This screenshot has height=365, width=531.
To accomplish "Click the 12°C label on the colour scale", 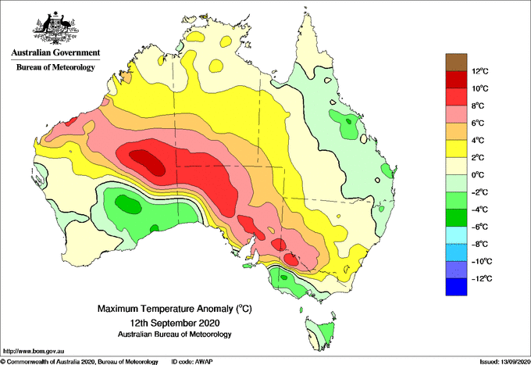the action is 480,71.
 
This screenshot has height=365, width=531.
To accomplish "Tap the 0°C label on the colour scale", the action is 478,175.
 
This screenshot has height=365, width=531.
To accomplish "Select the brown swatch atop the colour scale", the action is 456,63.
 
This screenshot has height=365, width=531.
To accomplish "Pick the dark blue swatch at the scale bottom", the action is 456,287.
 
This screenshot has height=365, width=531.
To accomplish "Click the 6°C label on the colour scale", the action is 478,123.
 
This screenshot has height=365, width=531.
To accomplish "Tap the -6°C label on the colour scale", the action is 479,227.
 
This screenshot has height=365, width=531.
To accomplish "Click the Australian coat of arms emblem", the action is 55,28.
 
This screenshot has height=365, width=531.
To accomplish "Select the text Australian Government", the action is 55,52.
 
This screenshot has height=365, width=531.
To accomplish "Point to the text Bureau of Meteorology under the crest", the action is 55,67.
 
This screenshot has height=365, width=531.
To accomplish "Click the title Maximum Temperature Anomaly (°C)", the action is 175,309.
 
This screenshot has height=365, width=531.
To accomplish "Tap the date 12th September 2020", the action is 175,322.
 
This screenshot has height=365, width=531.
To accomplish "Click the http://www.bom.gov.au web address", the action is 34,352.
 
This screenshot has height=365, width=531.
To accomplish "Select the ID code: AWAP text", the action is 192,362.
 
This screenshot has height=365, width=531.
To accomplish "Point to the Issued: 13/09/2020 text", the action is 504,362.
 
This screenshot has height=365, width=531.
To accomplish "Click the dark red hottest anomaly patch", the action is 147,163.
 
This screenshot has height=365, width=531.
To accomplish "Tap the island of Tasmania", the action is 321,333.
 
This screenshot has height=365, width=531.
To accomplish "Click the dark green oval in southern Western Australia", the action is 128,204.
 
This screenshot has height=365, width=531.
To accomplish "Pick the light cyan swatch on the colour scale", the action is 456,235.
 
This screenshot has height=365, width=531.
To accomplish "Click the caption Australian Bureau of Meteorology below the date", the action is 175,335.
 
